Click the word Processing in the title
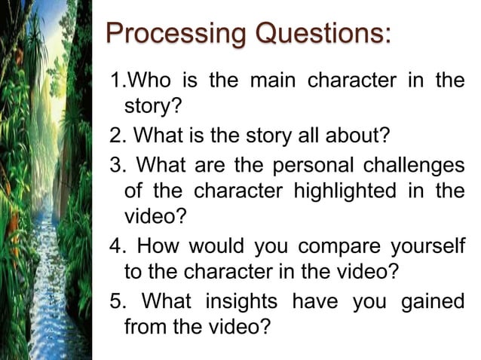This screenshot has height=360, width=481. click(x=176, y=34)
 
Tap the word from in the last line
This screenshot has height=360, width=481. click(x=142, y=328)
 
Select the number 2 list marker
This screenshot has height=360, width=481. click(x=116, y=136)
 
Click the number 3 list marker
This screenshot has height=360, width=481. click(x=116, y=164)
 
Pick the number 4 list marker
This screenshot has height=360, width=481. click(x=116, y=246)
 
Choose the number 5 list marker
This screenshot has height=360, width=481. click(x=116, y=301)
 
